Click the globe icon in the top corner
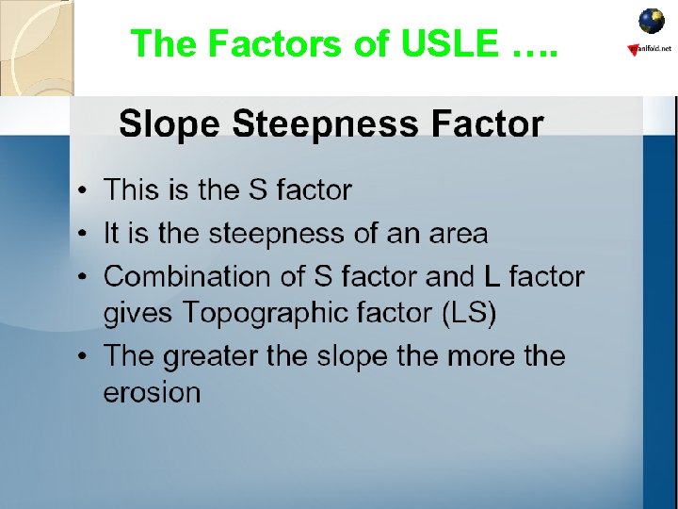coord(652,21)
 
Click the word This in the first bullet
coord(133,189)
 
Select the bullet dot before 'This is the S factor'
coord(85,191)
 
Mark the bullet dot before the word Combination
coord(85,278)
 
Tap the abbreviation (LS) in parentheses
coord(469,312)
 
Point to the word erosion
coord(152,391)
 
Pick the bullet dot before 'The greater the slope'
coord(85,357)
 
